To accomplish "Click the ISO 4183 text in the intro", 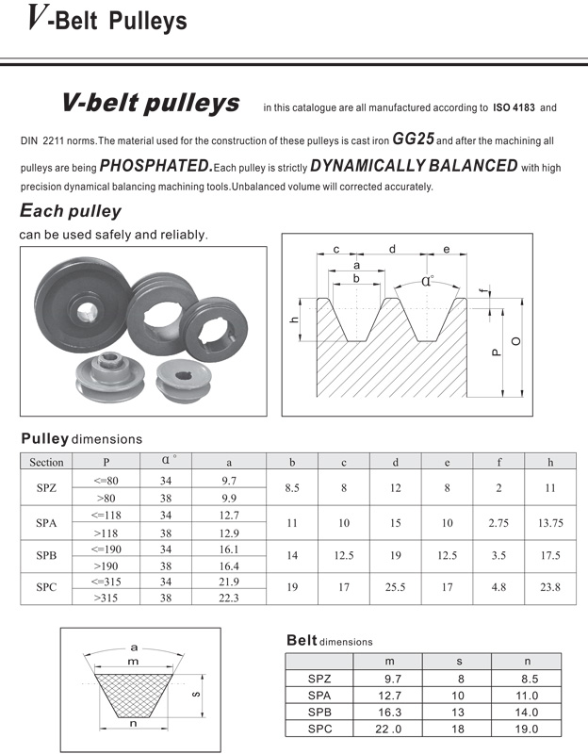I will (514, 107).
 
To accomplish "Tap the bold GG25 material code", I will (412, 138).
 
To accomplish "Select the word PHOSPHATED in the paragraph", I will (154, 166).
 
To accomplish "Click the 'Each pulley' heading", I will (70, 211).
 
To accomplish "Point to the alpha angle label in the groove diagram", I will (427, 280).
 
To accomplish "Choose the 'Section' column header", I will (46, 462).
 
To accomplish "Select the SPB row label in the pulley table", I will (46, 556).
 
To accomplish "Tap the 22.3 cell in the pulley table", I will (229, 598).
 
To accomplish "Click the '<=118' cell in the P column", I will (106, 515).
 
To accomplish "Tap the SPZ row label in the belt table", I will (319, 678).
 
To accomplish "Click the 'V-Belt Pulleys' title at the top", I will (106, 20).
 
